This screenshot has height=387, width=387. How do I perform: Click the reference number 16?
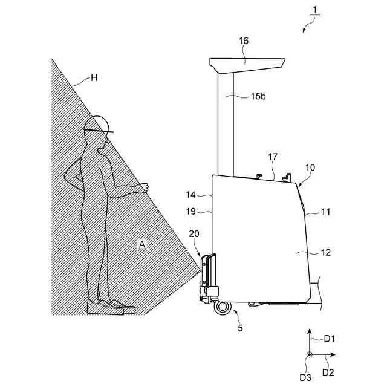(243, 41)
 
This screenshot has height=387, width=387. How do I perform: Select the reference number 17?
(273, 157)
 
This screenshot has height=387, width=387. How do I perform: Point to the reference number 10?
(310, 166)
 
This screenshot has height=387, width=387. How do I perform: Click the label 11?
(326, 212)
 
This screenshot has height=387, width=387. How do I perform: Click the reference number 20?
(193, 233)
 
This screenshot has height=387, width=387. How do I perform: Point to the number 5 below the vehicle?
(240, 329)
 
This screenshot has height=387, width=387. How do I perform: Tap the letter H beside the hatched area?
(94, 77)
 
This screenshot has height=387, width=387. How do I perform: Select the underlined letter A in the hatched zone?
(142, 244)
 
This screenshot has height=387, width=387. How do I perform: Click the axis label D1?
(330, 339)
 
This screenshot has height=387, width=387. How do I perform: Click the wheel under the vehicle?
(222, 307)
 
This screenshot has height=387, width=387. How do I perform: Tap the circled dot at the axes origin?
(309, 354)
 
